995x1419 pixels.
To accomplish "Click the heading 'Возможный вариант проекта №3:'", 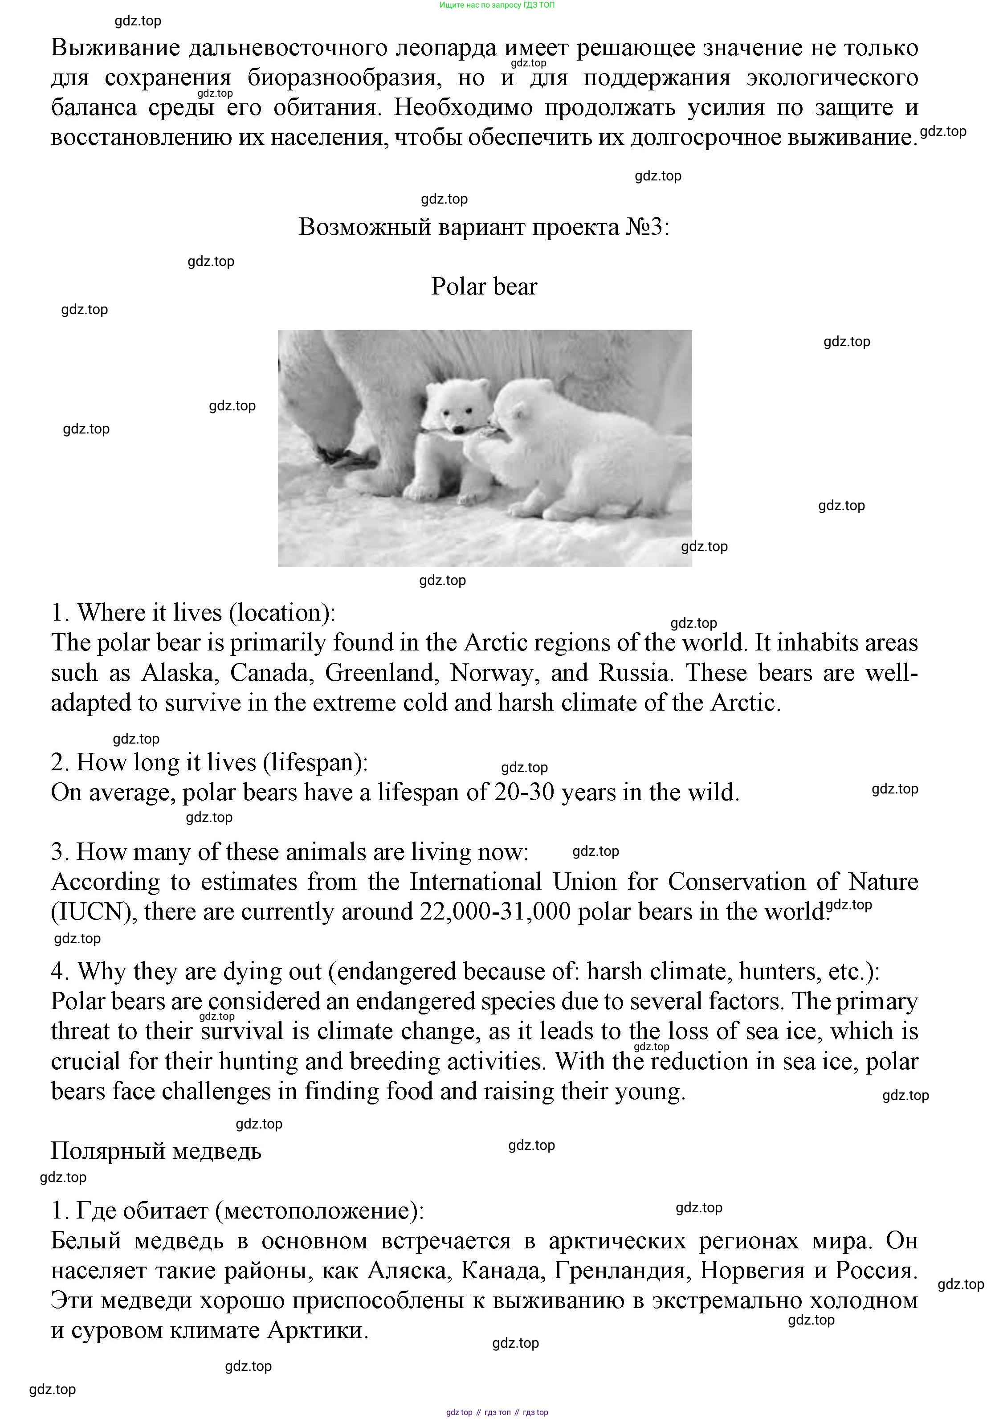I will [x=484, y=227].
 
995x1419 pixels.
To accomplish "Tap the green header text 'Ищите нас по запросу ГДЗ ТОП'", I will [x=497, y=5].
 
